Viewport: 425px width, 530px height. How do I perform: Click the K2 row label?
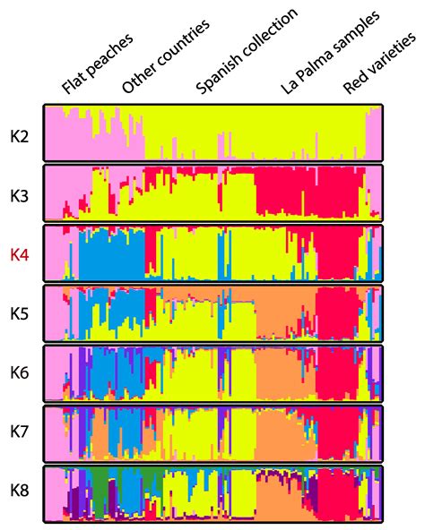(x=20, y=136)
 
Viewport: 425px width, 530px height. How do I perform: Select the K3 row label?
(x=20, y=194)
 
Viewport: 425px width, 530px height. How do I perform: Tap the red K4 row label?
(x=20, y=254)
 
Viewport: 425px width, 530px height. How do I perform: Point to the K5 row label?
(x=20, y=313)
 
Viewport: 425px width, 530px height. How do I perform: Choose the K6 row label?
(x=20, y=372)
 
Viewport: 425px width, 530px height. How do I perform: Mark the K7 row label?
(x=20, y=432)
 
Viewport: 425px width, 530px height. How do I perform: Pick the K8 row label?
(x=20, y=491)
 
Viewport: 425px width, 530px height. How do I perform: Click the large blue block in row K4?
(x=112, y=255)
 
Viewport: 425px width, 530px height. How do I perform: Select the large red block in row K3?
(x=287, y=192)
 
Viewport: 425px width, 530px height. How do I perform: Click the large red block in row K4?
(x=336, y=255)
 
